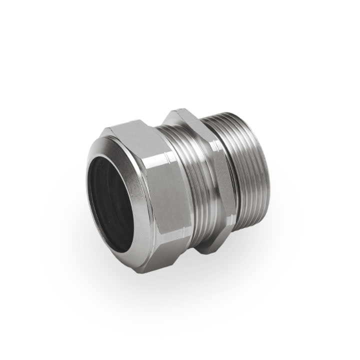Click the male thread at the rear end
[250, 165]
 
